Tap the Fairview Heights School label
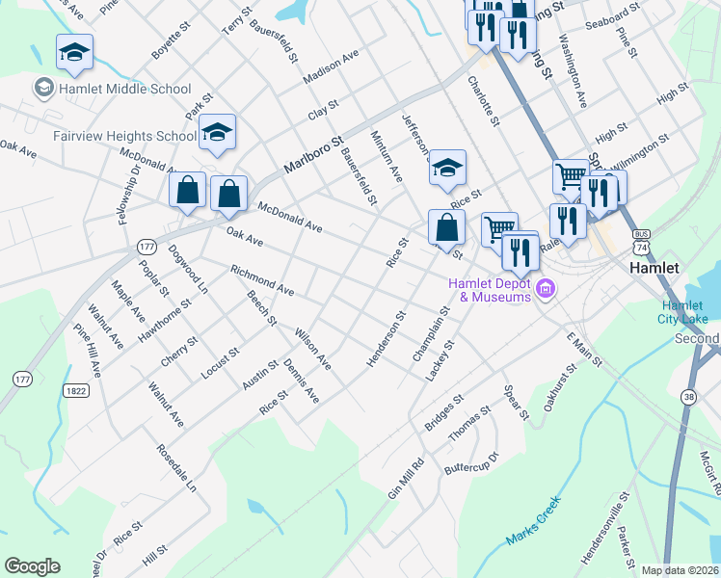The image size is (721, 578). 110,136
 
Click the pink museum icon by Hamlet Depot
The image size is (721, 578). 546,288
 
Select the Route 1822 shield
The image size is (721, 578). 77,390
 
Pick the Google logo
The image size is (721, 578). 32,566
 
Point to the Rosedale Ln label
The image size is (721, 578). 177,468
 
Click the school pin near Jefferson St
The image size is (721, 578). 447,168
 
